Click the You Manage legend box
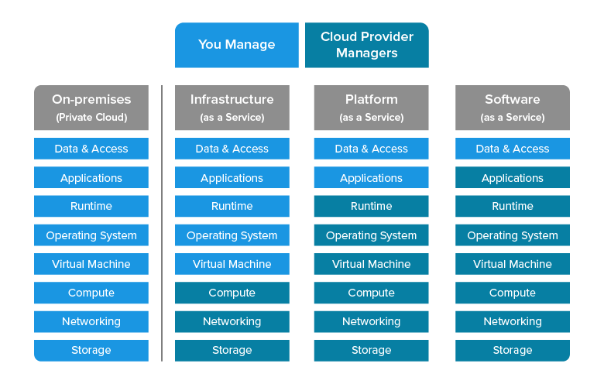[x=236, y=45]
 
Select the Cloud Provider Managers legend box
[x=366, y=45]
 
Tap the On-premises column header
[x=91, y=108]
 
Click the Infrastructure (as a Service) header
[x=232, y=108]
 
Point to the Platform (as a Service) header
[x=371, y=108]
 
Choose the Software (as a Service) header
[x=512, y=108]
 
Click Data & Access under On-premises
[x=91, y=149]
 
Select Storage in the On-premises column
[x=91, y=350]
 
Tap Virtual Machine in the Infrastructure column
[x=232, y=264]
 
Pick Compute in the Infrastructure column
[x=232, y=293]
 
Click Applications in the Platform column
[x=371, y=178]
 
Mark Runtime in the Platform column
[x=371, y=206]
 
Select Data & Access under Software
[x=512, y=149]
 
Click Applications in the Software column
[x=512, y=178]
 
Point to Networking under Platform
[x=371, y=321]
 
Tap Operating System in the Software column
[x=512, y=235]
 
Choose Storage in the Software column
[x=512, y=350]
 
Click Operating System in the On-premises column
[x=91, y=235]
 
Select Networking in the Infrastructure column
[x=232, y=321]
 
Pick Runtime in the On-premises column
[x=91, y=206]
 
